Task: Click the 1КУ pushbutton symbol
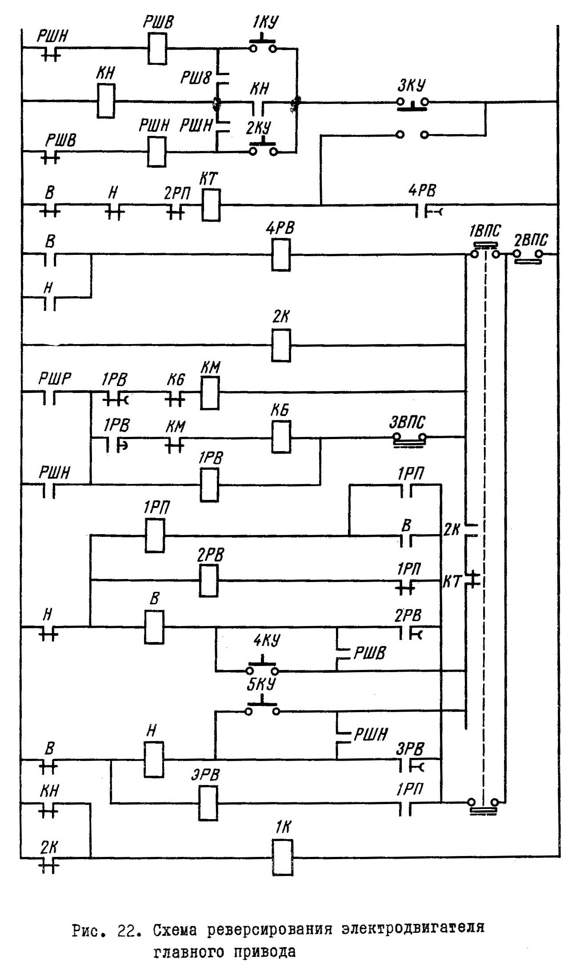coord(263,46)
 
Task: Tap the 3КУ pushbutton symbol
coord(412,103)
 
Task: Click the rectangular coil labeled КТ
coord(211,205)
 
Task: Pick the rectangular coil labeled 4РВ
coord(281,255)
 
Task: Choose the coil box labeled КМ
coord(210,393)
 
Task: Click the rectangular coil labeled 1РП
coord(155,535)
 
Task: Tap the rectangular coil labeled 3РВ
coord(208,803)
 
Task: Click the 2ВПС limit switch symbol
coord(528,256)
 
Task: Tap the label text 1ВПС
coord(484,231)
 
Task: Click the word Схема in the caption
coord(176,929)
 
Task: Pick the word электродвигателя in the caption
coord(413,928)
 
